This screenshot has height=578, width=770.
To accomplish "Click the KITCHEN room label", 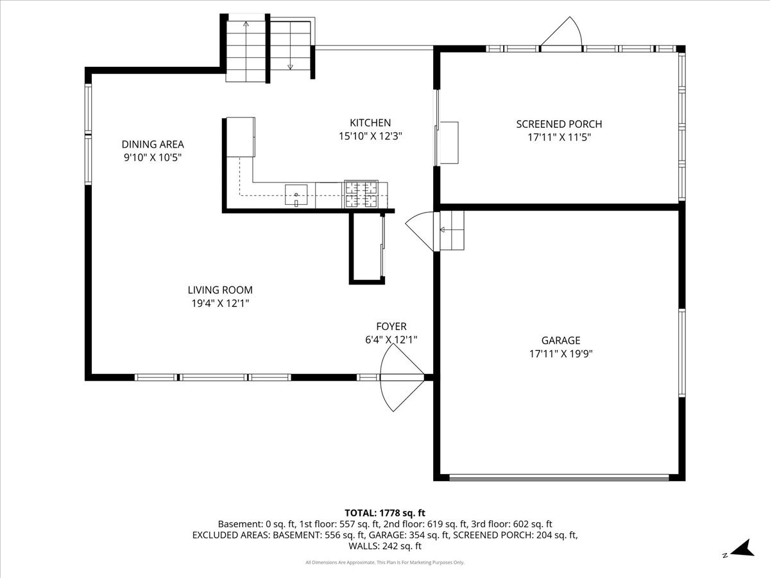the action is click(x=370, y=123).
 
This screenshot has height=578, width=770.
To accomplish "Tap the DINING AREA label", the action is click(x=153, y=144).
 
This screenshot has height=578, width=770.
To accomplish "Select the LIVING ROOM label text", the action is click(x=220, y=290).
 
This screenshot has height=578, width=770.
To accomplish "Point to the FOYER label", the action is click(x=391, y=326).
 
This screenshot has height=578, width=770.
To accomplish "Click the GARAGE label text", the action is click(x=561, y=340).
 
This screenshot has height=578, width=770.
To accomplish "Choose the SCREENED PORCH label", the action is click(x=559, y=124).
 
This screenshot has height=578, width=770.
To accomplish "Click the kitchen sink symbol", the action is click(x=296, y=195).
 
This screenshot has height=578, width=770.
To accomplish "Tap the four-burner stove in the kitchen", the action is click(x=361, y=195).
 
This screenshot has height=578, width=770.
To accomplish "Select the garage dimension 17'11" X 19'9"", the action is click(x=561, y=353).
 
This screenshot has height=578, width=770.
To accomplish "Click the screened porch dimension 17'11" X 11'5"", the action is click(x=559, y=137).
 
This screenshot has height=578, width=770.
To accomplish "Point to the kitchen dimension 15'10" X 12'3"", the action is click(x=370, y=136).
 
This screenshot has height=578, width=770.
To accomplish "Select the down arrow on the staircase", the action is click(x=290, y=45).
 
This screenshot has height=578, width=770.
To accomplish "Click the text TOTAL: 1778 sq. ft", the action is click(x=385, y=513).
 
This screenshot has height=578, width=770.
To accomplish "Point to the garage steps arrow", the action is click(x=452, y=230).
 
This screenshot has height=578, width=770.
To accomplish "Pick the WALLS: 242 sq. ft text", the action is click(x=385, y=546).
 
